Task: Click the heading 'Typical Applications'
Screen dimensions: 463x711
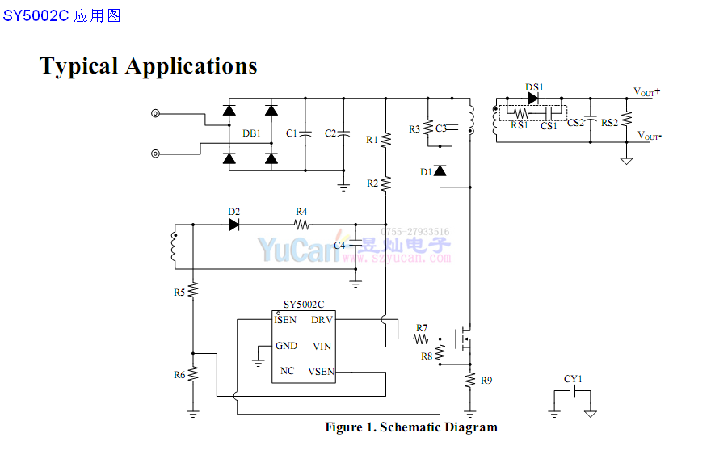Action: [149, 65]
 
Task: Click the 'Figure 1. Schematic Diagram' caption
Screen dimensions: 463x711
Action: [411, 427]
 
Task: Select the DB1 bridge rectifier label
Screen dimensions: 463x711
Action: [251, 133]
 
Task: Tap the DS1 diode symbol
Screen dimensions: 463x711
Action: [533, 98]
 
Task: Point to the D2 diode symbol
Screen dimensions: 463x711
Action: [234, 225]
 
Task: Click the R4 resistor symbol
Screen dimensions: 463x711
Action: [302, 225]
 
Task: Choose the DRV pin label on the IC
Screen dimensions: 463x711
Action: [322, 320]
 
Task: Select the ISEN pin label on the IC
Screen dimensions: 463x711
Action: [285, 320]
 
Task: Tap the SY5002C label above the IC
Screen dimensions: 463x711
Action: [303, 305]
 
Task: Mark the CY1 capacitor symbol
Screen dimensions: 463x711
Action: [573, 391]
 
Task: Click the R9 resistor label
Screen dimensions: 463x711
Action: [486, 380]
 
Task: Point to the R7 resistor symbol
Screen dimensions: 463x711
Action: [421, 340]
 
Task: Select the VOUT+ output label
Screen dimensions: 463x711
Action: [646, 91]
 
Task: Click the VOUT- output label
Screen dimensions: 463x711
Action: [648, 135]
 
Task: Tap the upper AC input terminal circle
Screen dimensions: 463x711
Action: [156, 114]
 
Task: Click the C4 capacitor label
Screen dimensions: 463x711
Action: [339, 244]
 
